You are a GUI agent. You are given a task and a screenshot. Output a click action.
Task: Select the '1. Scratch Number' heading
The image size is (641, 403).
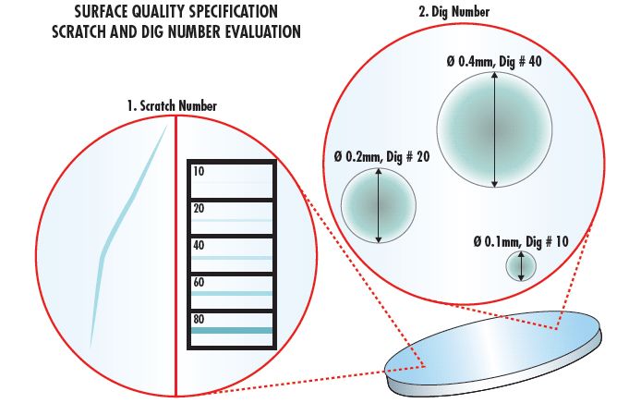coord(172,106)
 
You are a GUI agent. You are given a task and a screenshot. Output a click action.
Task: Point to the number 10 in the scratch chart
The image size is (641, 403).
coord(200,172)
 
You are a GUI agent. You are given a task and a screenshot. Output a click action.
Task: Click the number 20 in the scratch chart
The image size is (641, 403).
coord(200,209)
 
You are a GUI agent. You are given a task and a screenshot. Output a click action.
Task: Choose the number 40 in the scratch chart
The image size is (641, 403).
coord(200,246)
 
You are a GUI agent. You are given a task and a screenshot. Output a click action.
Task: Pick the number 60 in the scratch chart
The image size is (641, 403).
coord(200,283)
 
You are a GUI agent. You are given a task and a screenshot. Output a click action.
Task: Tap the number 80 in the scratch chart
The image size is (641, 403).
coord(200,320)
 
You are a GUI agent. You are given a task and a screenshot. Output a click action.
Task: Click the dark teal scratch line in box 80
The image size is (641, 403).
coord(231,330)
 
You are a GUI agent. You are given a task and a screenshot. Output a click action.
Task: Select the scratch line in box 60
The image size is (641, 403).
coord(231,294)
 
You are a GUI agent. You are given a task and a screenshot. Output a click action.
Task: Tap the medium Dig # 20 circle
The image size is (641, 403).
coord(377,207)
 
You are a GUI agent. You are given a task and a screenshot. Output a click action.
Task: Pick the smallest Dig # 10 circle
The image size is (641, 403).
coord(521,266)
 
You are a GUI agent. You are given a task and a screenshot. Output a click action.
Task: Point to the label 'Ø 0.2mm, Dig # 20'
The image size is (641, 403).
coord(381,157)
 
